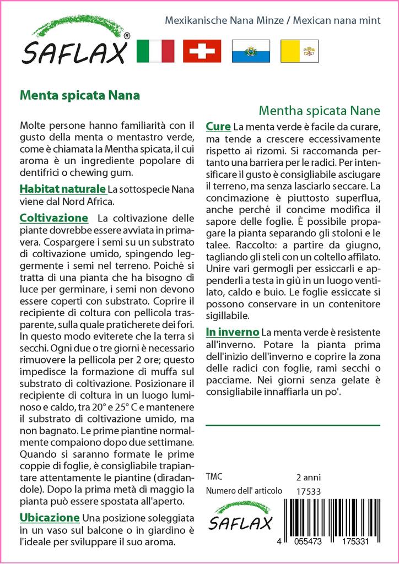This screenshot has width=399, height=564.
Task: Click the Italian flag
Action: tap(154, 51)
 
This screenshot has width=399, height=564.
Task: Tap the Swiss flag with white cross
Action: tap(202, 51)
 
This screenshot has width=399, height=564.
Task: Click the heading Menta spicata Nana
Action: tap(79, 94)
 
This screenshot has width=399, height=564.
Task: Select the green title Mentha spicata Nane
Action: tap(319, 109)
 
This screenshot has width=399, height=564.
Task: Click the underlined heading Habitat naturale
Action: tap(62, 188)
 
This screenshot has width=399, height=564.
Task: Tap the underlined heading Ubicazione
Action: tap(50, 518)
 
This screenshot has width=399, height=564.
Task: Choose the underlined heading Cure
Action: tap(218, 127)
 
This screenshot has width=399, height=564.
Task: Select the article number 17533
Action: tap(308, 491)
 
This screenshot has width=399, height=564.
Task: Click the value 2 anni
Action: tap(308, 477)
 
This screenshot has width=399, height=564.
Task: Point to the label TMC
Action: tap(214, 477)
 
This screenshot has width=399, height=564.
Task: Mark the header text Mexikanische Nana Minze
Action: tap(224, 20)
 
